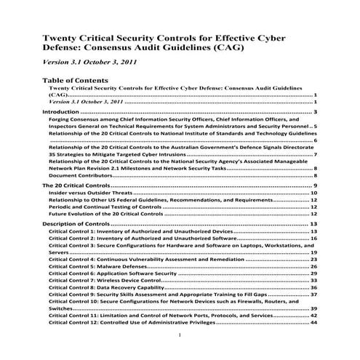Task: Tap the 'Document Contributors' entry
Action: pos(81,175)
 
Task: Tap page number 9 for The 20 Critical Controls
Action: pos(316,186)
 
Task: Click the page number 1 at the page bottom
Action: pos(179,336)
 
